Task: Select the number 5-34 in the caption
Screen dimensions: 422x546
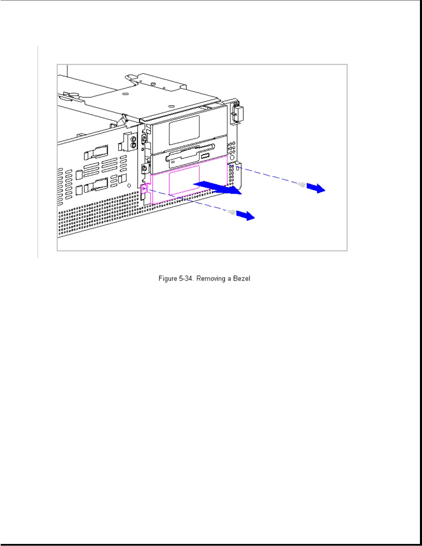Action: pos(186,279)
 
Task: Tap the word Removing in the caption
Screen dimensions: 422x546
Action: pos(211,279)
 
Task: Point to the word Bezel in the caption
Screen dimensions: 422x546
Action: pos(241,279)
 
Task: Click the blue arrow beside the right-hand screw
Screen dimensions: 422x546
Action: pos(316,188)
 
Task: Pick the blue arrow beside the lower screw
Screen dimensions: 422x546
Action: pos(245,216)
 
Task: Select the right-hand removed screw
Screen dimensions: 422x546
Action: pos(302,185)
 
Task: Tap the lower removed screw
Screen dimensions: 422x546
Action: pos(232,212)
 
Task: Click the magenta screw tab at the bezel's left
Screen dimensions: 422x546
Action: pos(144,188)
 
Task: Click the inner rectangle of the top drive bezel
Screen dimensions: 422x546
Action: pos(184,130)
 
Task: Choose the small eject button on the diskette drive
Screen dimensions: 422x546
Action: pos(205,156)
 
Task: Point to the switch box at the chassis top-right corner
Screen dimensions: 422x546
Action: pos(238,113)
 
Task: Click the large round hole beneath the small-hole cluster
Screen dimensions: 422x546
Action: pos(231,157)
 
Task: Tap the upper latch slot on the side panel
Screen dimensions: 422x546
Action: pos(96,152)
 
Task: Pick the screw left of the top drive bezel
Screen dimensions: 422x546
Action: pos(144,138)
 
